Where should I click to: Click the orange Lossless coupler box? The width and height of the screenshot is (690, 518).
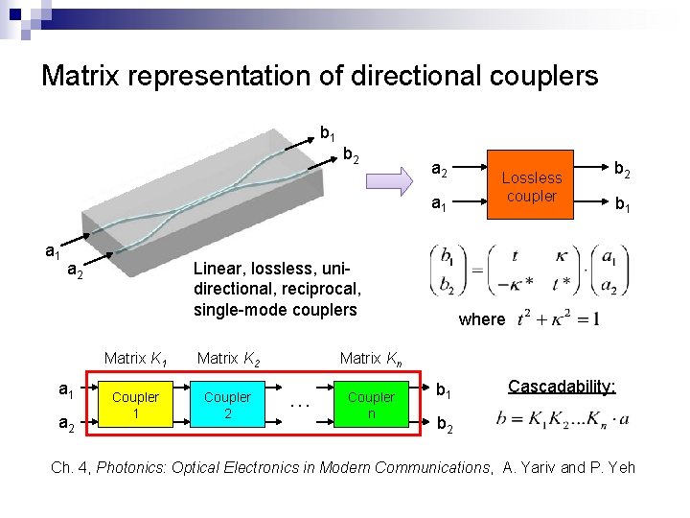tap(531, 186)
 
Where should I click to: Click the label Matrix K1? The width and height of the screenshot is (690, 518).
tap(136, 359)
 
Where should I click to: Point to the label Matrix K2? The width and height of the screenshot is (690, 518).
tap(228, 359)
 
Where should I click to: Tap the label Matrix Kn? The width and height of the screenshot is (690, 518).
tap(371, 359)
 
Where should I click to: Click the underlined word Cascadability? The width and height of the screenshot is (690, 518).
tap(561, 386)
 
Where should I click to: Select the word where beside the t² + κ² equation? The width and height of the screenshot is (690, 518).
tap(482, 319)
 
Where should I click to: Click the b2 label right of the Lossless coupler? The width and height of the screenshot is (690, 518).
tap(622, 169)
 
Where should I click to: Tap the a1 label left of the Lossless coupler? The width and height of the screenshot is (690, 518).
tap(439, 204)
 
